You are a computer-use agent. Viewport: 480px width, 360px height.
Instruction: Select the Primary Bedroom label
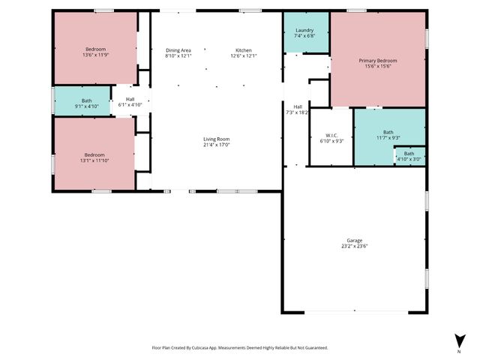(x=378, y=61)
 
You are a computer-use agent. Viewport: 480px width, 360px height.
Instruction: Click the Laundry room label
(x=304, y=30)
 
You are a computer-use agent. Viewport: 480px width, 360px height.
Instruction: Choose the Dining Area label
(x=178, y=50)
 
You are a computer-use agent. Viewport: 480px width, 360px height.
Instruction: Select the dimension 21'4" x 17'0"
(x=216, y=145)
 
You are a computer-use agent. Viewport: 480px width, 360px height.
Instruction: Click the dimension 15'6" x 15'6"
(x=378, y=67)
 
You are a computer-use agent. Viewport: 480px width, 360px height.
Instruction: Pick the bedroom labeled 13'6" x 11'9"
(x=95, y=52)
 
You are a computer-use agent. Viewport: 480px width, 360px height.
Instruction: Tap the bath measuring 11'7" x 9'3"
(x=388, y=135)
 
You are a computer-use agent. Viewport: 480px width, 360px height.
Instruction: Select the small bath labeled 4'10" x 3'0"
(x=409, y=157)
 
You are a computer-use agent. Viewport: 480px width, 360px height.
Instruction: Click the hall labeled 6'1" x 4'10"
(x=130, y=102)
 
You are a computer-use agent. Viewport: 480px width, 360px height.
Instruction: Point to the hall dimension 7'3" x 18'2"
(x=298, y=112)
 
